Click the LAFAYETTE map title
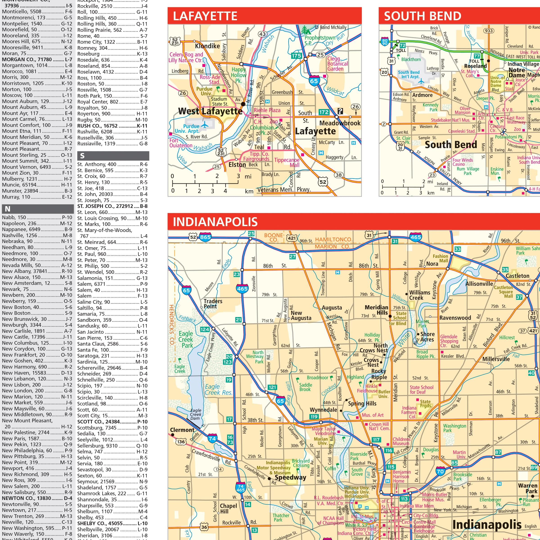205,16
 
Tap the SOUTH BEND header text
422,16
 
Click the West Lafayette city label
210,111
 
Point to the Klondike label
207,46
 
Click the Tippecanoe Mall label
287,162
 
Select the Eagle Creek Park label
186,340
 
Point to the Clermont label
182,430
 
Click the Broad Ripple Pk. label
425,354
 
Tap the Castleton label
517,276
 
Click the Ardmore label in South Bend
422,95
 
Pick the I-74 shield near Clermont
212,439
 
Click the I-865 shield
205,237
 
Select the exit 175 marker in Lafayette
296,56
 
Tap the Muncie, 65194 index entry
37,185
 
